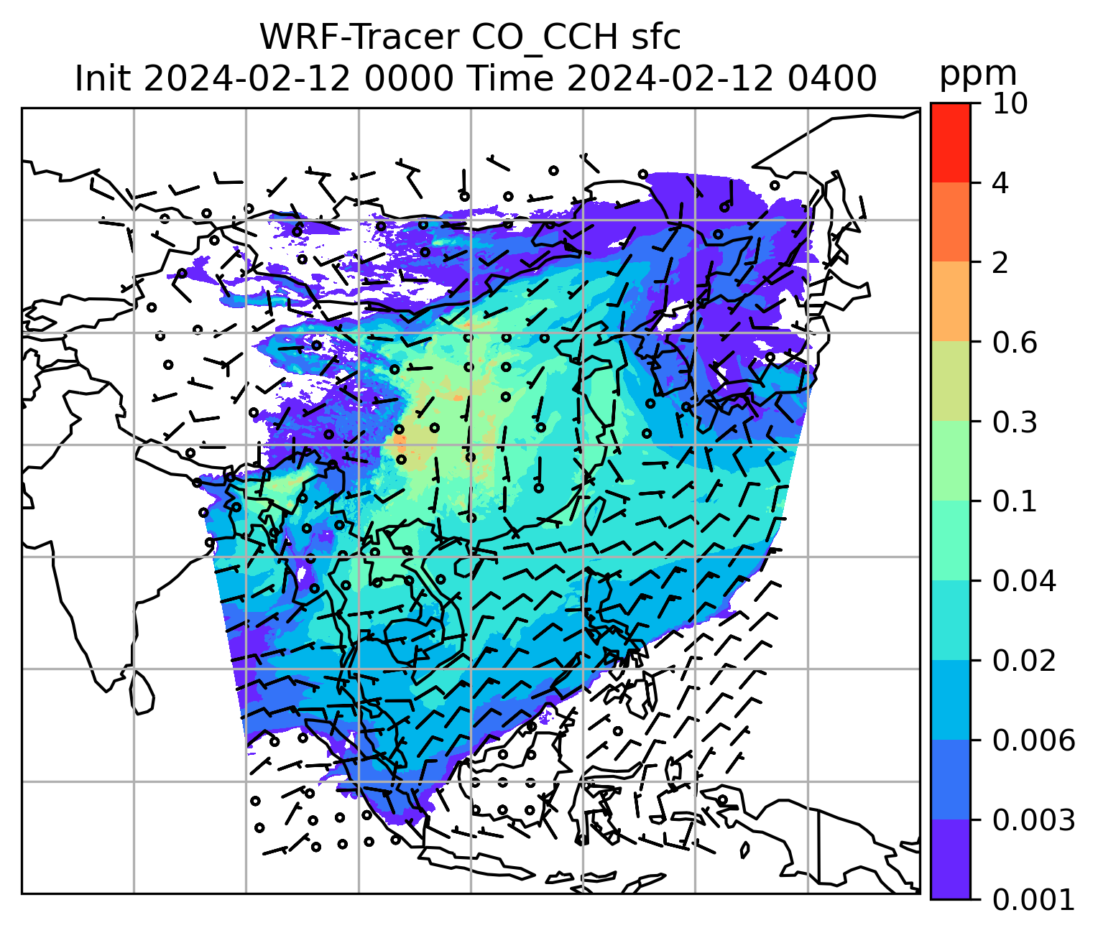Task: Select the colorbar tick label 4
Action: coord(1000,183)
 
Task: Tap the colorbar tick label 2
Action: coord(1000,263)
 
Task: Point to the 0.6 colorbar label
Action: coord(1015,343)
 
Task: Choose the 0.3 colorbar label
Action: coord(1015,422)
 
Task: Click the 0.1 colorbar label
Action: coord(1015,501)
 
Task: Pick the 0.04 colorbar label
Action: coord(1024,581)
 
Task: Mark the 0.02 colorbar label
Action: coord(1024,661)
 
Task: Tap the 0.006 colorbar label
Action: coord(1033,740)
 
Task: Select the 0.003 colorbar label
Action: coord(1033,819)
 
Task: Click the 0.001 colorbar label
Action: coord(1033,899)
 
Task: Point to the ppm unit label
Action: coord(978,74)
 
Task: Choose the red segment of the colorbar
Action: coord(950,142)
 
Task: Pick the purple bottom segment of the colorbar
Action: coord(950,859)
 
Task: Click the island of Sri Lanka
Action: coord(142,691)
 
